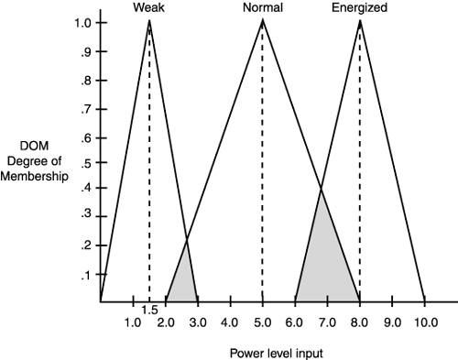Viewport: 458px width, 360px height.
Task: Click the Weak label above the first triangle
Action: point(148,7)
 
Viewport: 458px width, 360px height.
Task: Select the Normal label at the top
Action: point(262,7)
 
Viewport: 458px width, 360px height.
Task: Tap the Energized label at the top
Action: point(359,7)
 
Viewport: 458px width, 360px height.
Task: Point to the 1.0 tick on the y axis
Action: point(82,22)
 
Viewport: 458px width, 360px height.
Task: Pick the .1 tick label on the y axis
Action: point(84,276)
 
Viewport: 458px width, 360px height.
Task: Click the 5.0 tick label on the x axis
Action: point(262,322)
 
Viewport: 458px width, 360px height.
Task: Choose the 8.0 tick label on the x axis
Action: point(359,322)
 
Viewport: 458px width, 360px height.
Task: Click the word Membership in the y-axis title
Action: point(34,176)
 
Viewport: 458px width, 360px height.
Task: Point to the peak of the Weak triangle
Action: point(149,20)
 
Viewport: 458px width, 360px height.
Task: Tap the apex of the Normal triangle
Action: point(262,20)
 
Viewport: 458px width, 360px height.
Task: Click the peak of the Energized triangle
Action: point(359,20)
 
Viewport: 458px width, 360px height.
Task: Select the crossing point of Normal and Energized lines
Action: point(321,190)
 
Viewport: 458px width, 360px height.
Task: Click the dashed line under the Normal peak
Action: point(262,165)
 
